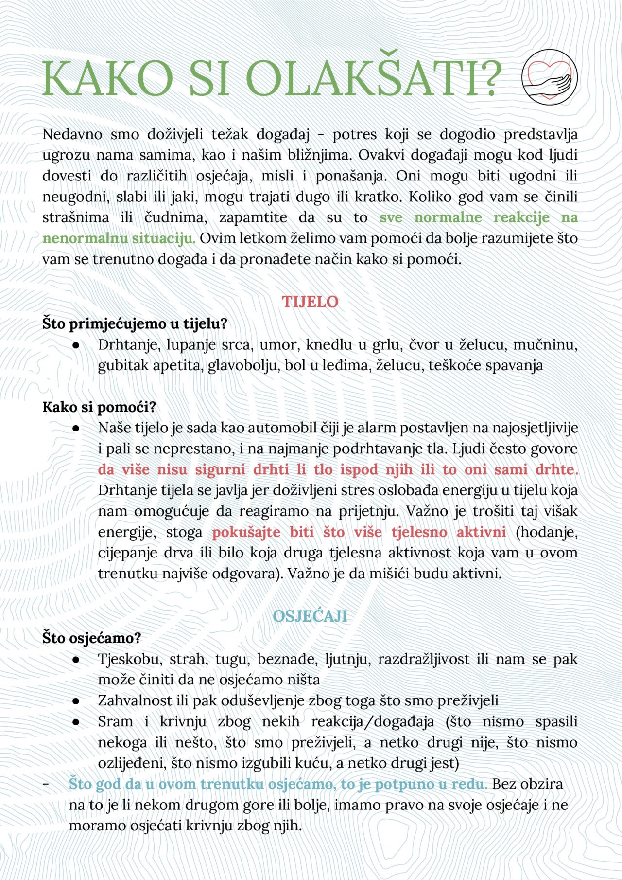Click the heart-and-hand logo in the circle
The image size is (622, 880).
point(550,77)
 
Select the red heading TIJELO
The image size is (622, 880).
point(310,302)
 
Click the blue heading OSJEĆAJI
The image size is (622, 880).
point(310,616)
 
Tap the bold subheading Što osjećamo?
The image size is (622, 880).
point(91,637)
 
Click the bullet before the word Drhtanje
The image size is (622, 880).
point(76,345)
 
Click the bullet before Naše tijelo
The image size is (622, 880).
point(76,428)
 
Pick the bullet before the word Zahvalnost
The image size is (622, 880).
point(76,701)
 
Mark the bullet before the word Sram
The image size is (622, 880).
point(76,722)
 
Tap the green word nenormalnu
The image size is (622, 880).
point(80,238)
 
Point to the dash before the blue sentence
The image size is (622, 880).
point(46,784)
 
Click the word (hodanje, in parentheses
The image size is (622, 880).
point(547,532)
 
